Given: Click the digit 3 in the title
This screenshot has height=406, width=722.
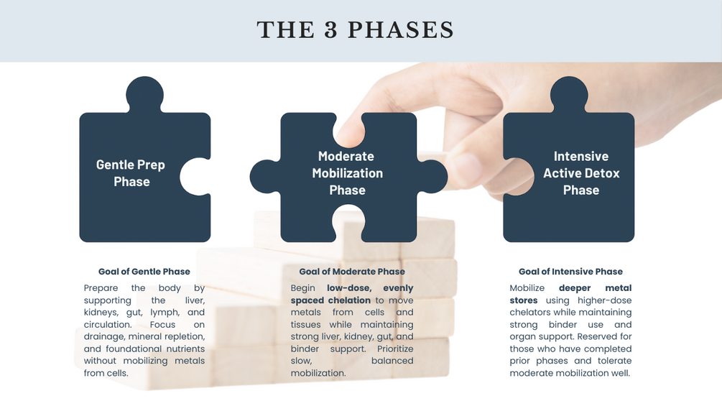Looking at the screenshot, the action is point(330,30).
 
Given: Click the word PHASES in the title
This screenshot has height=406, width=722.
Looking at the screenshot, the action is point(401,30).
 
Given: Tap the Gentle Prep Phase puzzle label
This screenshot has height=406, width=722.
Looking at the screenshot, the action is point(131,173).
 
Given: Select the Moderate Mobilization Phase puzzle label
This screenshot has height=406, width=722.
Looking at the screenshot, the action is point(347,173).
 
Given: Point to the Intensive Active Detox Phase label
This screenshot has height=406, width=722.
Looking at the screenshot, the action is point(581,173).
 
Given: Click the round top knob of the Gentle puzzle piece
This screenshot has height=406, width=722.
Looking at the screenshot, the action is point(144,94).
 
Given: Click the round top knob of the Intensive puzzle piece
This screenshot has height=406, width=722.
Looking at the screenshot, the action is point(569,94).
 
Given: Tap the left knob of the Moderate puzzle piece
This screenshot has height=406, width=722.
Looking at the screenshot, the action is point(266,177).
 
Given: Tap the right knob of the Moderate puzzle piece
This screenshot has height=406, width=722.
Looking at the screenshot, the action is point(432,177).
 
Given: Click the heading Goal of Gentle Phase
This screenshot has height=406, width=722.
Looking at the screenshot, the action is point(144,272).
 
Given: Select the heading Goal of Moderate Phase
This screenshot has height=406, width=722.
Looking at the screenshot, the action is point(352,272).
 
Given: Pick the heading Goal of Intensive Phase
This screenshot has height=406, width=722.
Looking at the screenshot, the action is point(570,272).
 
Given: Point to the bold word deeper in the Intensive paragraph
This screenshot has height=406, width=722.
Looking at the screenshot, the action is point(575,288).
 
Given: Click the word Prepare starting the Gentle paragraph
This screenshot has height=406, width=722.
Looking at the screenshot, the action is point(101,288).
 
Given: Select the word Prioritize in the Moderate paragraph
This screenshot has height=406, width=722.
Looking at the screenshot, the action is point(395,349).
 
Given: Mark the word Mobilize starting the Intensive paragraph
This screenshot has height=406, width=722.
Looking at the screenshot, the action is point(527,288).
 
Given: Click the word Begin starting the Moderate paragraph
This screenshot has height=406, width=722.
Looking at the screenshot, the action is point(302,288).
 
